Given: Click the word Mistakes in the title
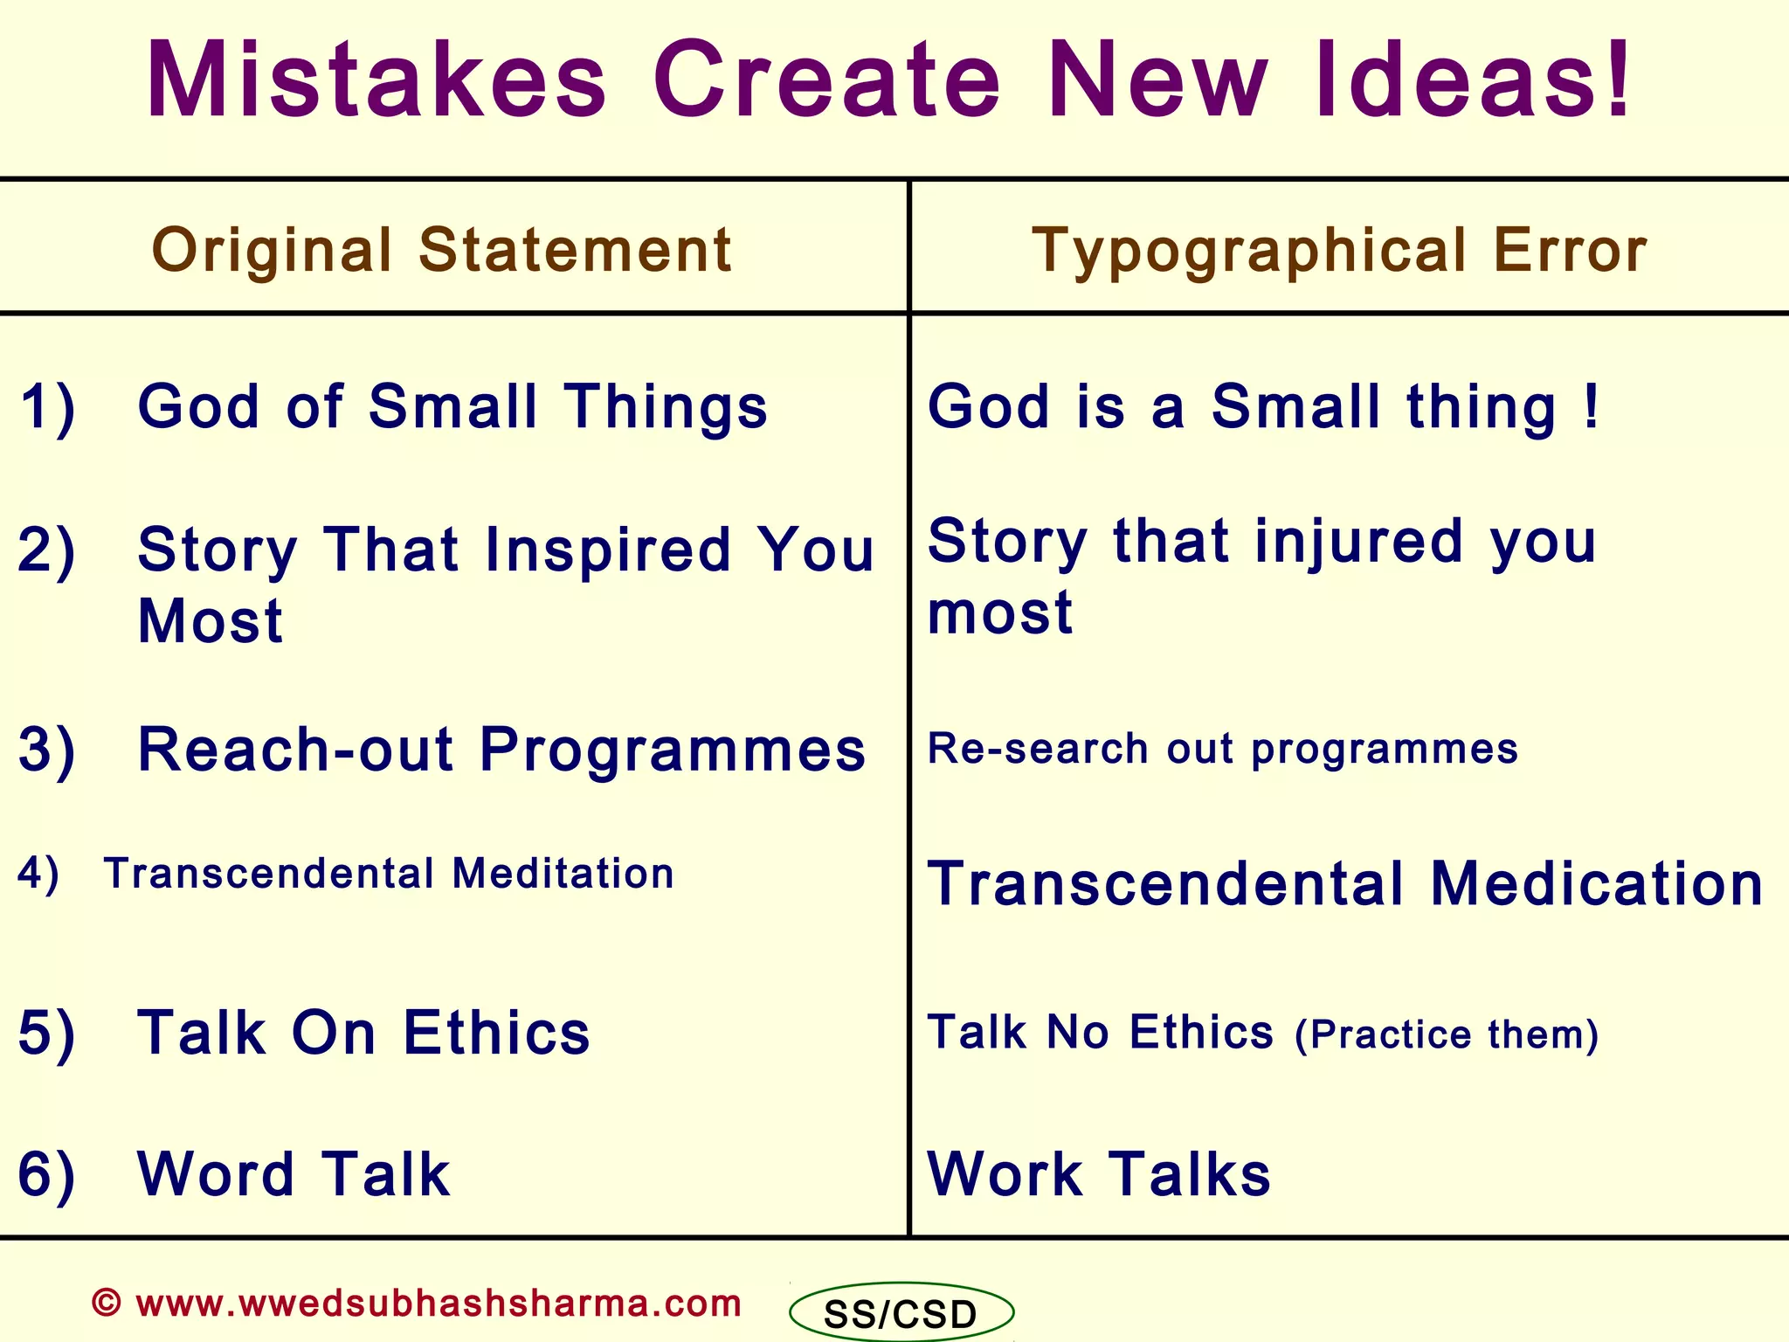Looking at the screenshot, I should tap(376, 80).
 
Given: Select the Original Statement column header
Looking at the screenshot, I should tap(441, 251).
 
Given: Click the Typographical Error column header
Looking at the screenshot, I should tap(1339, 251).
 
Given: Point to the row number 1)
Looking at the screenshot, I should tap(48, 407).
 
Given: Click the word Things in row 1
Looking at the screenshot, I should tap(666, 407).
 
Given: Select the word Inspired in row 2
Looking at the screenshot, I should tap(607, 550).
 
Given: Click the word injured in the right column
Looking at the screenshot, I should tap(1357, 542).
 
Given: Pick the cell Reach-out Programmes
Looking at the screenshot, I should tap(501, 750).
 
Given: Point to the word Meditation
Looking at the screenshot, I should tap(563, 874).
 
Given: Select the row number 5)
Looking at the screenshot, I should tap(48, 1034).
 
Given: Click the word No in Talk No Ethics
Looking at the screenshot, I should tap(1078, 1033).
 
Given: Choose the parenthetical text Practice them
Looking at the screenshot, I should tap(1446, 1034).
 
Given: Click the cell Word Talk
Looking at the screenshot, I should tap(294, 1174).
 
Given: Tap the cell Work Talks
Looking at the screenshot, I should tap(1099, 1174).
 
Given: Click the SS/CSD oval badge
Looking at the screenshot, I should tap(901, 1313).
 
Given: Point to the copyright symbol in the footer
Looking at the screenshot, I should tap(107, 1303).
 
